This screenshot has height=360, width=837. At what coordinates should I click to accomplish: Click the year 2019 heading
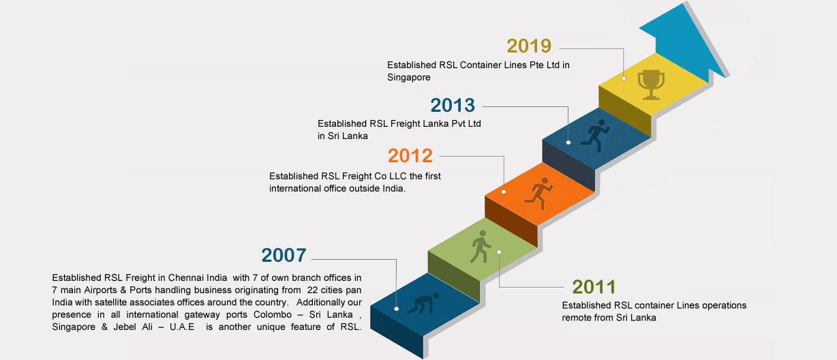[x=529, y=46]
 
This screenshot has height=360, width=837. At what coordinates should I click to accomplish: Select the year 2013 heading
[x=453, y=105]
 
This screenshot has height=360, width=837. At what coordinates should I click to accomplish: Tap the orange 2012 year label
[x=410, y=155]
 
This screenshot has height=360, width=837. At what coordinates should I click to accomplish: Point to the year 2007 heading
[x=284, y=255]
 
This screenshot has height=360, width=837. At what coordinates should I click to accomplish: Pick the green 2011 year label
[x=594, y=287]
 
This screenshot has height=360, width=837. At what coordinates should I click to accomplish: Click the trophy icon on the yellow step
[x=651, y=85]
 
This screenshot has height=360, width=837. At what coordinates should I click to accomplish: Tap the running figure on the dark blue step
[x=595, y=136]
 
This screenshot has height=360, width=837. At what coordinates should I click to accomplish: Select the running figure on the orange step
[x=538, y=194]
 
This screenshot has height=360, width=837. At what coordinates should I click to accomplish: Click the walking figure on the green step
[x=480, y=247]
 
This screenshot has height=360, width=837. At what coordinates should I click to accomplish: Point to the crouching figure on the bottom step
[x=423, y=303]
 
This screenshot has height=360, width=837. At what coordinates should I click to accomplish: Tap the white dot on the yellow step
[x=624, y=78]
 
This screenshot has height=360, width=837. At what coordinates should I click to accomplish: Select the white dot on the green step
[x=499, y=252]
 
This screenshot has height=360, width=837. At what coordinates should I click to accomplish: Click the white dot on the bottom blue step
[x=396, y=309]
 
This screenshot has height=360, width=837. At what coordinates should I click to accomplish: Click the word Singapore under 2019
[x=408, y=77]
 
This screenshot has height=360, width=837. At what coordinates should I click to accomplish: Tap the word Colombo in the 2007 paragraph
[x=273, y=314]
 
